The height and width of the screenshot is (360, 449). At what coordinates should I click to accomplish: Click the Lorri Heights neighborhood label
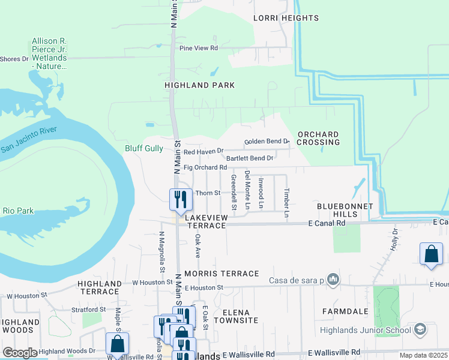point(286,18)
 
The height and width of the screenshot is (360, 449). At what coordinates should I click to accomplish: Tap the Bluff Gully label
point(143,148)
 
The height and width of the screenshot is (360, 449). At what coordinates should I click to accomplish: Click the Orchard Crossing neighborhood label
point(318,138)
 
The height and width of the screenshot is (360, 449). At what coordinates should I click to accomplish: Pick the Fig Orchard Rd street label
point(205,167)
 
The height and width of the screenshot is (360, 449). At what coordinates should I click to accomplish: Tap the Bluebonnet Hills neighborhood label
point(345,210)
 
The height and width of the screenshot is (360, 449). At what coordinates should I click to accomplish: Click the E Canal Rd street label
point(327,223)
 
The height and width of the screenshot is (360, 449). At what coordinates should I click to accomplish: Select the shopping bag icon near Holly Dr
point(431,254)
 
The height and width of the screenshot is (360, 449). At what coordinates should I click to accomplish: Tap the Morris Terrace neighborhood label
point(221,274)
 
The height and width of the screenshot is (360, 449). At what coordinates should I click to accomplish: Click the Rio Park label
point(18,211)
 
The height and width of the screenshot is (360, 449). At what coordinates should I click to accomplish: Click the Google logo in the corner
point(20,353)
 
